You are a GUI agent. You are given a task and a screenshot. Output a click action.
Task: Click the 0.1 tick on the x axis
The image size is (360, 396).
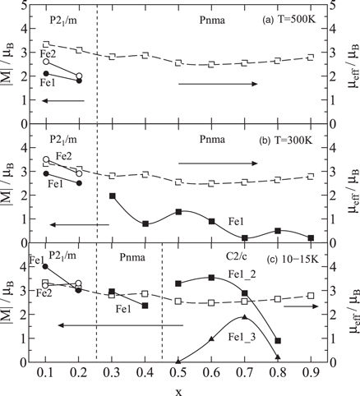tap(46, 374)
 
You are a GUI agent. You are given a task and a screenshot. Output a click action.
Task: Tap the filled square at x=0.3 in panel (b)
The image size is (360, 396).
tap(112, 196)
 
